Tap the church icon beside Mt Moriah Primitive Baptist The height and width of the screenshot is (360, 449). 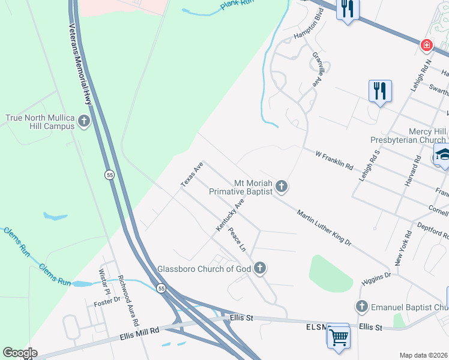[282, 187]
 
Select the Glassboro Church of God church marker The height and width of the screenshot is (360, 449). [259, 268]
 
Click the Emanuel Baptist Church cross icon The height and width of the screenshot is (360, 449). [361, 307]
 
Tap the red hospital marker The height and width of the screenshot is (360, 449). [426, 45]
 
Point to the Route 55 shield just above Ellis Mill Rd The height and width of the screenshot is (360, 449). [161, 289]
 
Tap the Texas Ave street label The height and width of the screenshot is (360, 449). [193, 173]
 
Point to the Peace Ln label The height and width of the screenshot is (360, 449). [238, 240]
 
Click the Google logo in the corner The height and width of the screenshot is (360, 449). [20, 353]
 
